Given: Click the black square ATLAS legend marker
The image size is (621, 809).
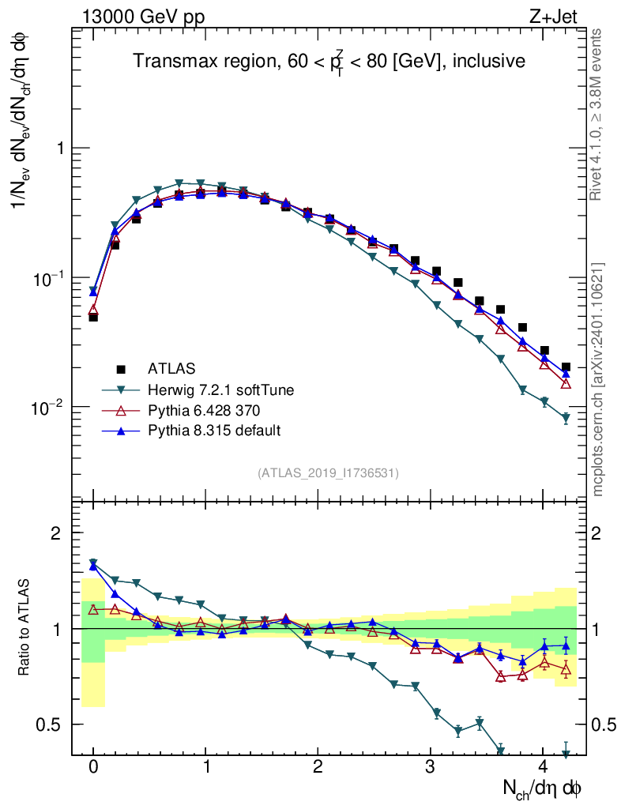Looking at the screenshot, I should point(121,368).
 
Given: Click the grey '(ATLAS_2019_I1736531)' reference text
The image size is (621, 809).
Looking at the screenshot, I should point(328,473).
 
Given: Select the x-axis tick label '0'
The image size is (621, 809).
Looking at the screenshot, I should point(93,767).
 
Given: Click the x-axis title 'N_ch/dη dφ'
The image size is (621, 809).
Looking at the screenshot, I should point(543,788).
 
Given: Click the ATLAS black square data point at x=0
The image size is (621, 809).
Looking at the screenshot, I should point(93,317).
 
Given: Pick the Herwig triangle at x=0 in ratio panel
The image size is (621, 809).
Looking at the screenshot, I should point(93,563).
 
